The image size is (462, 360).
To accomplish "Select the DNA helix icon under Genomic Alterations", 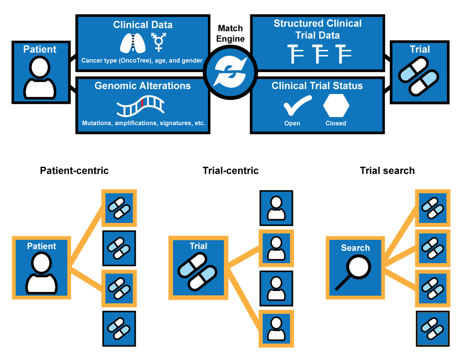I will click(141, 107).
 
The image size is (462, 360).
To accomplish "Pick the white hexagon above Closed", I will click(336, 106).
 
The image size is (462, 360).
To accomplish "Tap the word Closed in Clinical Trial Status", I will click(336, 123).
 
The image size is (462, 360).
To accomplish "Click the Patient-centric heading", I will click(74, 171).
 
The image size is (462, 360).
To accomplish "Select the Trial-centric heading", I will click(231, 171).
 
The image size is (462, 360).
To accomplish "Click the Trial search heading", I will click(387, 171).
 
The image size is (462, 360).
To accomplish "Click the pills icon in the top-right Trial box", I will click(419, 75).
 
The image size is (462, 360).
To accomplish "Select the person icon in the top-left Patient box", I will click(40, 78).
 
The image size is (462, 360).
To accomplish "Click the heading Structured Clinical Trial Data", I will click(317, 29).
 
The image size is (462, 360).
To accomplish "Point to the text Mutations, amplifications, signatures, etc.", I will click(143, 123).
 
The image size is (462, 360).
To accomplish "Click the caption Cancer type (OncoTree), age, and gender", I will click(142, 60).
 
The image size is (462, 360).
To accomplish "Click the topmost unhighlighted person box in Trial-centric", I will click(276, 208).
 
